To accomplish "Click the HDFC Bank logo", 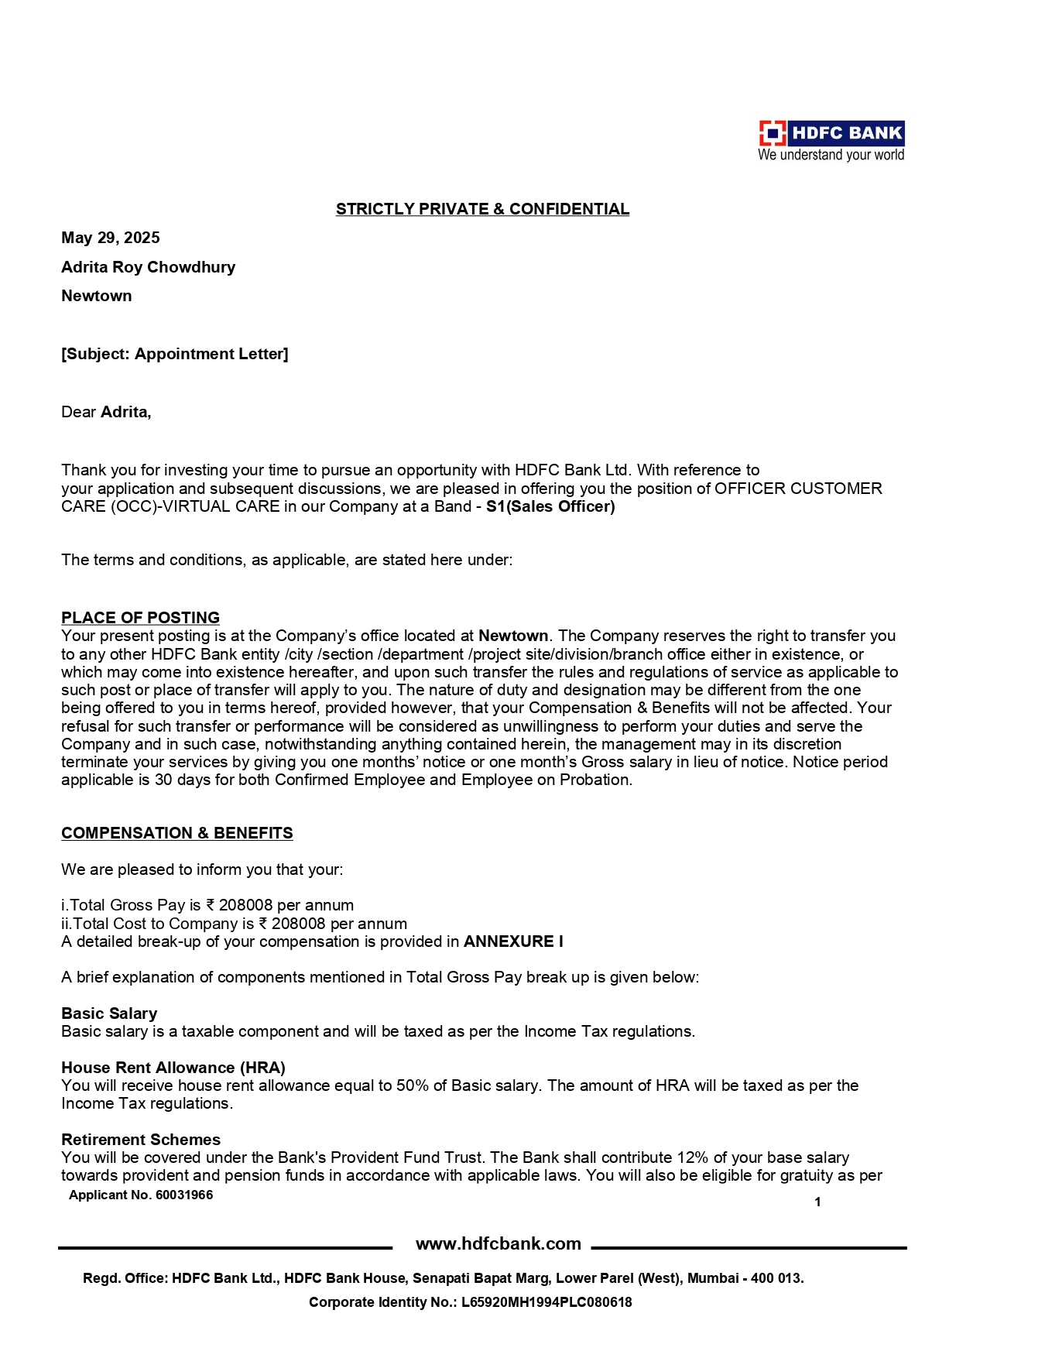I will [831, 133].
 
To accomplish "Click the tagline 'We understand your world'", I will [831, 155].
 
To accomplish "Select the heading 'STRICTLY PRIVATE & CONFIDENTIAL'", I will [482, 209].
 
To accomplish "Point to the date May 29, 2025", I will [111, 238].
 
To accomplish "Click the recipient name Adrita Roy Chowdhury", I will [148, 267].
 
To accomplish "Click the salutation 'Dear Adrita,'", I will [106, 412].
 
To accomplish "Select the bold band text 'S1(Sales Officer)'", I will [550, 507].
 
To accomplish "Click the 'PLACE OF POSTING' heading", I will [140, 618].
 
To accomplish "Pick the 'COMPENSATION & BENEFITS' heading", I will [176, 833].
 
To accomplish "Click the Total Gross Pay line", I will [207, 905].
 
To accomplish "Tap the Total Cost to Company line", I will [234, 924].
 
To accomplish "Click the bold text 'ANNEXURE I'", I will [513, 941].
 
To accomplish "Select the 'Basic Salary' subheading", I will [109, 1013].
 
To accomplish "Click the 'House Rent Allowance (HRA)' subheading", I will [173, 1068].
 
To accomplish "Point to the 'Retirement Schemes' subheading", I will [141, 1140].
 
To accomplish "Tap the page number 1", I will [817, 1202].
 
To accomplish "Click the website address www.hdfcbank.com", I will [499, 1243].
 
